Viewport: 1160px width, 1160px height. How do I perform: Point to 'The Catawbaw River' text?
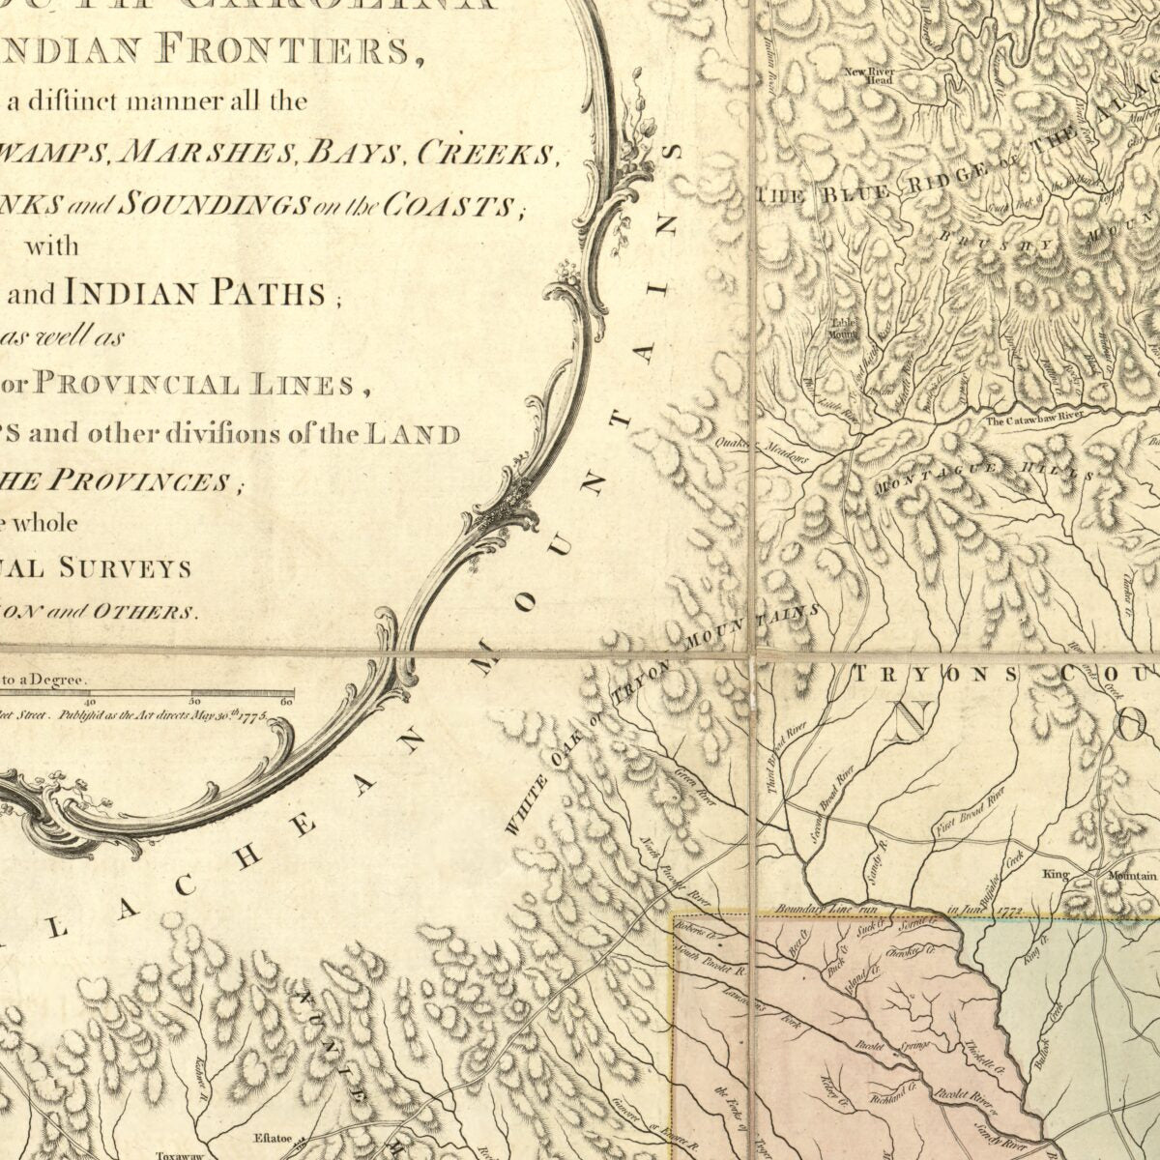(1031, 420)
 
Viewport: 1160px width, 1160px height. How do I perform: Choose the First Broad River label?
(971, 813)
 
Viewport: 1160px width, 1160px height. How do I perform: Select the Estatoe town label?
(271, 1138)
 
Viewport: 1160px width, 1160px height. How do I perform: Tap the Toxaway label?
(180, 1154)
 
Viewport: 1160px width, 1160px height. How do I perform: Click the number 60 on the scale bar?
(286, 702)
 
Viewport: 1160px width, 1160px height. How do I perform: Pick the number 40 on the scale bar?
(90, 702)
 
